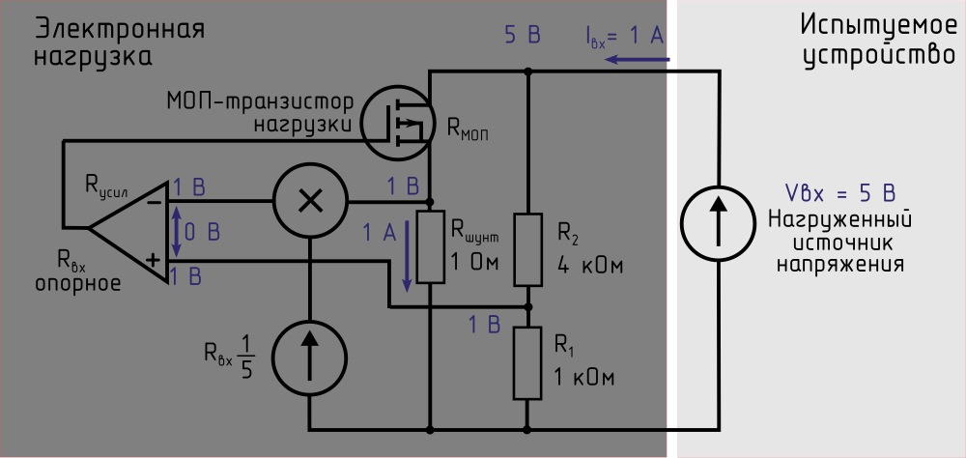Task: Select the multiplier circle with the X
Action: click(310, 201)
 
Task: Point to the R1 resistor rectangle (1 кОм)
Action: click(527, 363)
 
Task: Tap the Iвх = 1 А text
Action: click(624, 37)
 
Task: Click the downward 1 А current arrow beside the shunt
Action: click(407, 255)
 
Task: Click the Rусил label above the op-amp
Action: click(112, 184)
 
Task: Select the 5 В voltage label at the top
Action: click(522, 37)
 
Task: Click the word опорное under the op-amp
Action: click(77, 284)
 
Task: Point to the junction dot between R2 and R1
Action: click(527, 307)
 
